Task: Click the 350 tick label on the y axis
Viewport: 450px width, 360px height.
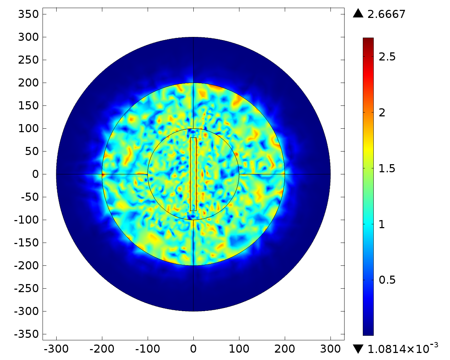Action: [28, 14]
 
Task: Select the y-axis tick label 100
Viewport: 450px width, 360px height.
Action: [28, 129]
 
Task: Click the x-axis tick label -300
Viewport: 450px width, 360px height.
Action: [56, 349]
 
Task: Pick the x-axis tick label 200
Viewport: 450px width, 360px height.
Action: [285, 349]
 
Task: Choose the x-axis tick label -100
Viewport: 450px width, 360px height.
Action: [148, 349]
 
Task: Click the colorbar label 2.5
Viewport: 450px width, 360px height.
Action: [387, 57]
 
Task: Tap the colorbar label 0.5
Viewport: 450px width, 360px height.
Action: [387, 280]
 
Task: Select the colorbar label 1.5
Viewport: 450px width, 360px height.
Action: [387, 169]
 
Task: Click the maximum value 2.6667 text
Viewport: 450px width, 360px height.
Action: [386, 14]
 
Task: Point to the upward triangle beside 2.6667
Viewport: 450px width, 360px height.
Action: [358, 13]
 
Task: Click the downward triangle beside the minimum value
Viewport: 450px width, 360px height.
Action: [358, 349]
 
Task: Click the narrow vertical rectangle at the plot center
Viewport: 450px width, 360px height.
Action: [193, 174]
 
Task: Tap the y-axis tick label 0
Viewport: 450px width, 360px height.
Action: [35, 174]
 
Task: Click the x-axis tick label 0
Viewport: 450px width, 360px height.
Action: [193, 349]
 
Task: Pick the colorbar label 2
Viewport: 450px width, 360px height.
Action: [382, 113]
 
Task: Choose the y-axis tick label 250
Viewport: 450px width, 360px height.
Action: [28, 60]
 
